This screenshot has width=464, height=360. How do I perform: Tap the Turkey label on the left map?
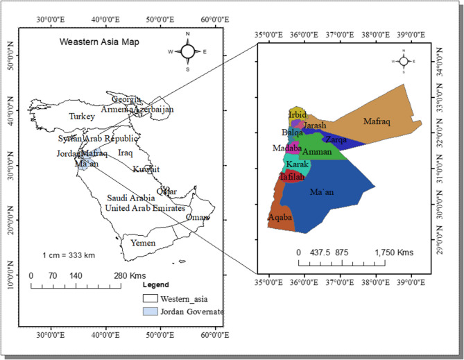pos(82,117)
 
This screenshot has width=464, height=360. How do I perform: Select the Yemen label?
pos(138,243)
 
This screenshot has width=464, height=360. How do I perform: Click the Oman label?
pos(197,217)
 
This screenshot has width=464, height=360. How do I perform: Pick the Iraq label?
pos(126,152)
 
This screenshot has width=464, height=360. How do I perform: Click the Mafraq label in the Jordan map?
pos(377,121)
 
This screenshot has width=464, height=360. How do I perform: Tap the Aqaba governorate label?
pos(280,218)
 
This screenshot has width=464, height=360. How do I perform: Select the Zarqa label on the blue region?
pos(336,139)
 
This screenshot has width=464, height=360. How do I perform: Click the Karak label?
pos(298,165)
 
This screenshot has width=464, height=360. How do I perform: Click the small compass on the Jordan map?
pos(404,62)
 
